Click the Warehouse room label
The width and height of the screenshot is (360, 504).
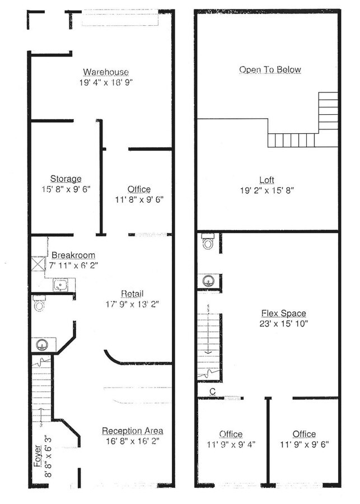106,72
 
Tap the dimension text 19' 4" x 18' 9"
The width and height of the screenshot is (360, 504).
106,82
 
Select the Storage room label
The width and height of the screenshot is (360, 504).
66,179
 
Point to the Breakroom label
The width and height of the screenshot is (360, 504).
73,255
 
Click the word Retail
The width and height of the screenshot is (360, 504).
132,294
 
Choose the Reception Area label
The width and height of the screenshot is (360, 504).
132,431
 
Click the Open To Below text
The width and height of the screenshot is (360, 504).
270,69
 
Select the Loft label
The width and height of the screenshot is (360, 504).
267,180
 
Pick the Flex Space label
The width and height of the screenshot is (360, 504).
283,313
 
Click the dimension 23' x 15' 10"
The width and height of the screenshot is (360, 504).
283,324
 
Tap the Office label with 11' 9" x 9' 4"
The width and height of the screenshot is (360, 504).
231,434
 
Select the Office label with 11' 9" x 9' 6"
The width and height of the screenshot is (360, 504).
303,434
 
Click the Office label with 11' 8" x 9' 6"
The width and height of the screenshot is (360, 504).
139,189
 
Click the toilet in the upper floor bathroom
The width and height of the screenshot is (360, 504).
207,242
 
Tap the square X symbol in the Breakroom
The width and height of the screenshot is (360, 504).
39,263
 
